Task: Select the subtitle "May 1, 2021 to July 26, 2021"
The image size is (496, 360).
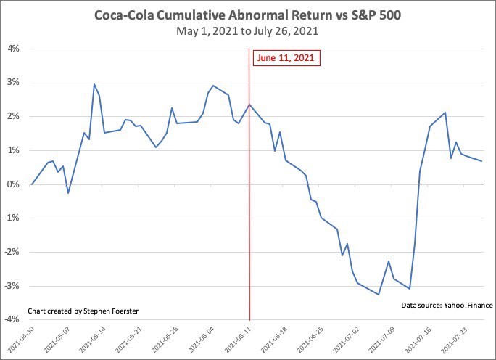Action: (x=248, y=32)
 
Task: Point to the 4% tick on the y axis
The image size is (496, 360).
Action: (x=13, y=49)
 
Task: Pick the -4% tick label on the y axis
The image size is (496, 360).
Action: (x=12, y=320)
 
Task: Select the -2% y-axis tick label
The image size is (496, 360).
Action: (x=12, y=252)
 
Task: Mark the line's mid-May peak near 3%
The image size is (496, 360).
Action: (x=94, y=84)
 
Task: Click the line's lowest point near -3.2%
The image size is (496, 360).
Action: (x=379, y=295)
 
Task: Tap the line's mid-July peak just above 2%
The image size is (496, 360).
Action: (x=445, y=112)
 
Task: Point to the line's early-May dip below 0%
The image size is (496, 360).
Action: (x=68, y=193)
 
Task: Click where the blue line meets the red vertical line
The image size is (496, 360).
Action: (x=249, y=105)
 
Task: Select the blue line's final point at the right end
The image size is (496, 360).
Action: (x=482, y=161)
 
